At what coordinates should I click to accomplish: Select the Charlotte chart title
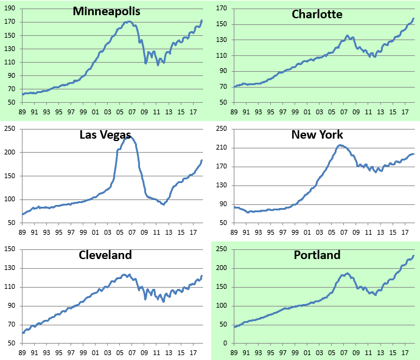317,14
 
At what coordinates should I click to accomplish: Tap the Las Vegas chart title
105,134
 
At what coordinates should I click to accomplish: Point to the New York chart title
317,134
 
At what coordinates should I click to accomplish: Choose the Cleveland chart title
105,255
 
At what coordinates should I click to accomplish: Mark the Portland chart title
317,255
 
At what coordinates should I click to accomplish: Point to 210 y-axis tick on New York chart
221,148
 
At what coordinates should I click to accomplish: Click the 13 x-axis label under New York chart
379,232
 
